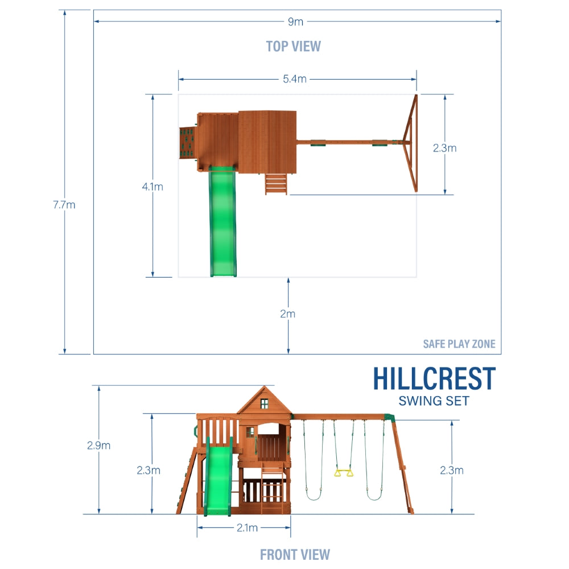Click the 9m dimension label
click(x=295, y=22)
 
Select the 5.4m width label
click(x=294, y=79)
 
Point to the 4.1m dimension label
click(x=152, y=187)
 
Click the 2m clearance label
click(x=288, y=314)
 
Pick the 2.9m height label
click(x=98, y=446)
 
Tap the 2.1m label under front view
click(x=246, y=528)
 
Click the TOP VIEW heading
click(x=293, y=46)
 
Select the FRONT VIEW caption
click(x=295, y=554)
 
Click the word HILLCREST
click(x=434, y=379)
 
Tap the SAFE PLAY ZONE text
click(x=459, y=344)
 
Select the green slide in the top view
click(x=223, y=222)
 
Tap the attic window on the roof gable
click(x=264, y=403)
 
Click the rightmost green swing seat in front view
click(x=374, y=496)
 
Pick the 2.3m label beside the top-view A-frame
click(x=444, y=149)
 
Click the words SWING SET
click(x=434, y=401)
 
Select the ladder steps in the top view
click(x=276, y=184)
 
